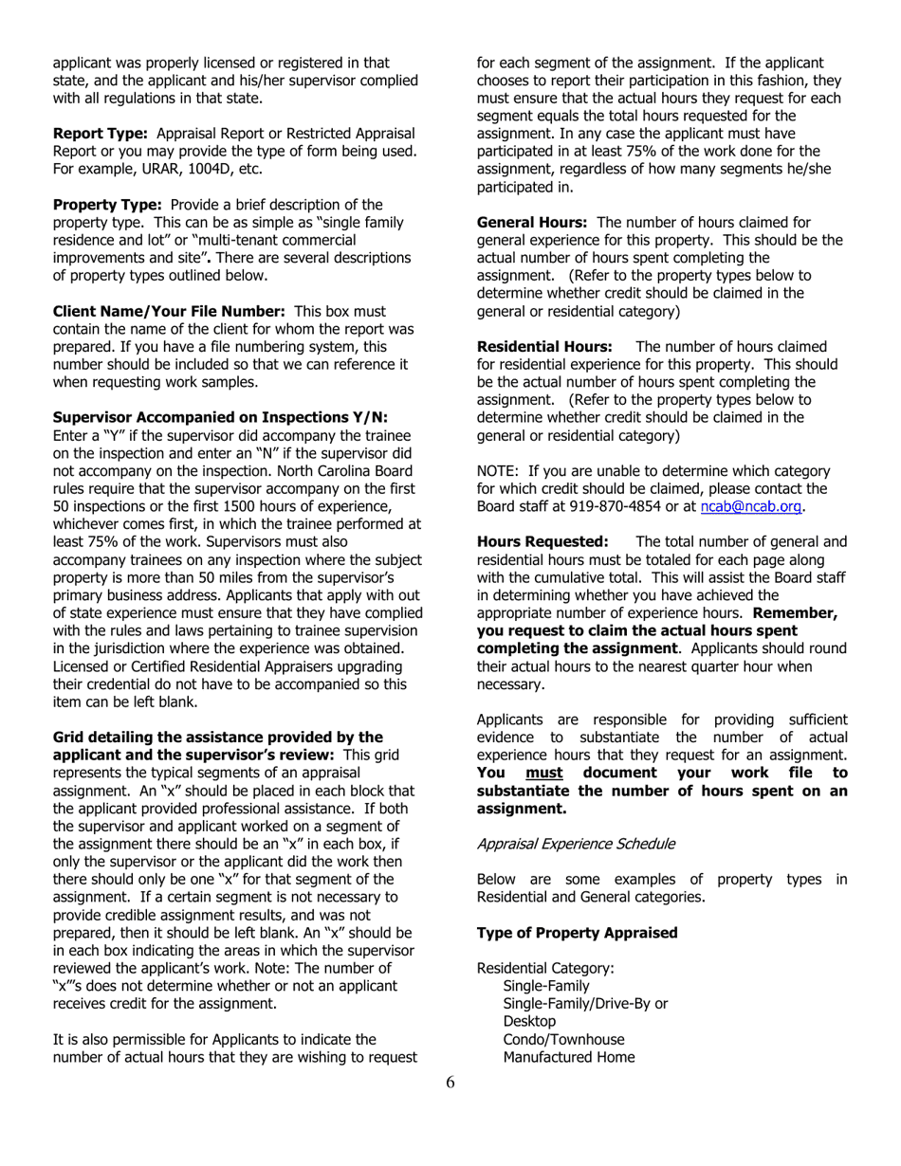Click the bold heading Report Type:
pos(100,132)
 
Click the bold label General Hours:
pos(531,222)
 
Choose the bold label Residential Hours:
pos(544,346)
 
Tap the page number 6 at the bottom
pos(450,1084)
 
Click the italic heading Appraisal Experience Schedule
pos(576,843)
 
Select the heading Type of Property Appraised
pos(577,933)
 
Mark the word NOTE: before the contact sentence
pos(498,471)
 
